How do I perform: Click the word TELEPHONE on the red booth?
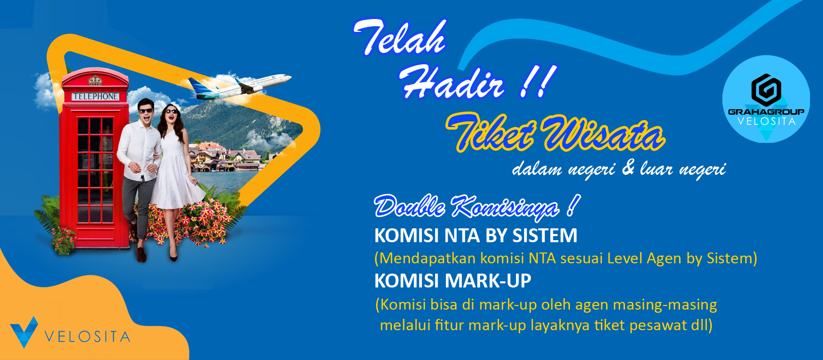pyautogui.click(x=95, y=96)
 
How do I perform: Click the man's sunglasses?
pyautogui.click(x=146, y=111)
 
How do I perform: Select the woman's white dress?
pyautogui.click(x=177, y=170)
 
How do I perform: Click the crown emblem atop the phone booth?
pyautogui.click(x=95, y=80)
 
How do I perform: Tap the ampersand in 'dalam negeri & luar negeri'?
pyautogui.click(x=628, y=168)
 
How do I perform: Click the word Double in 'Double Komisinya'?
pyautogui.click(x=409, y=207)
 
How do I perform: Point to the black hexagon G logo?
pyautogui.click(x=766, y=90)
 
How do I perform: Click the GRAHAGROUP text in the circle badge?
pyautogui.click(x=766, y=112)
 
